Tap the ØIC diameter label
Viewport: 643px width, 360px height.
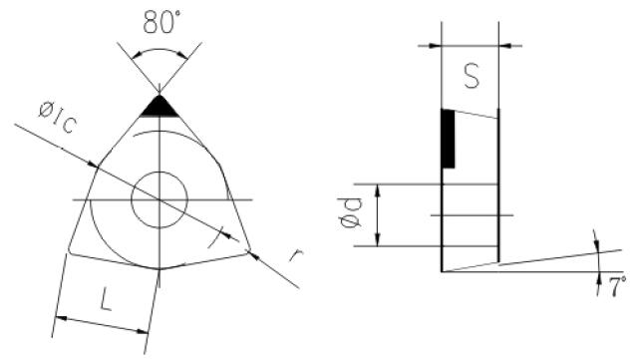(x=58, y=118)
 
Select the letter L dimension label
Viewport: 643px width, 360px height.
(x=106, y=299)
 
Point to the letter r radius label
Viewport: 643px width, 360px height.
(x=296, y=255)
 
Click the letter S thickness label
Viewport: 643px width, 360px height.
(x=472, y=76)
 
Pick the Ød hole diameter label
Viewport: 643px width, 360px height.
(x=351, y=212)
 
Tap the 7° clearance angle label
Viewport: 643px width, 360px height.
(x=617, y=286)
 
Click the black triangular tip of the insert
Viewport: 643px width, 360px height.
(x=160, y=108)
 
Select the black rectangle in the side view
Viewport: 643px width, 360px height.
(x=449, y=139)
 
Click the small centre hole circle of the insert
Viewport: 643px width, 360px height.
(x=160, y=172)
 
